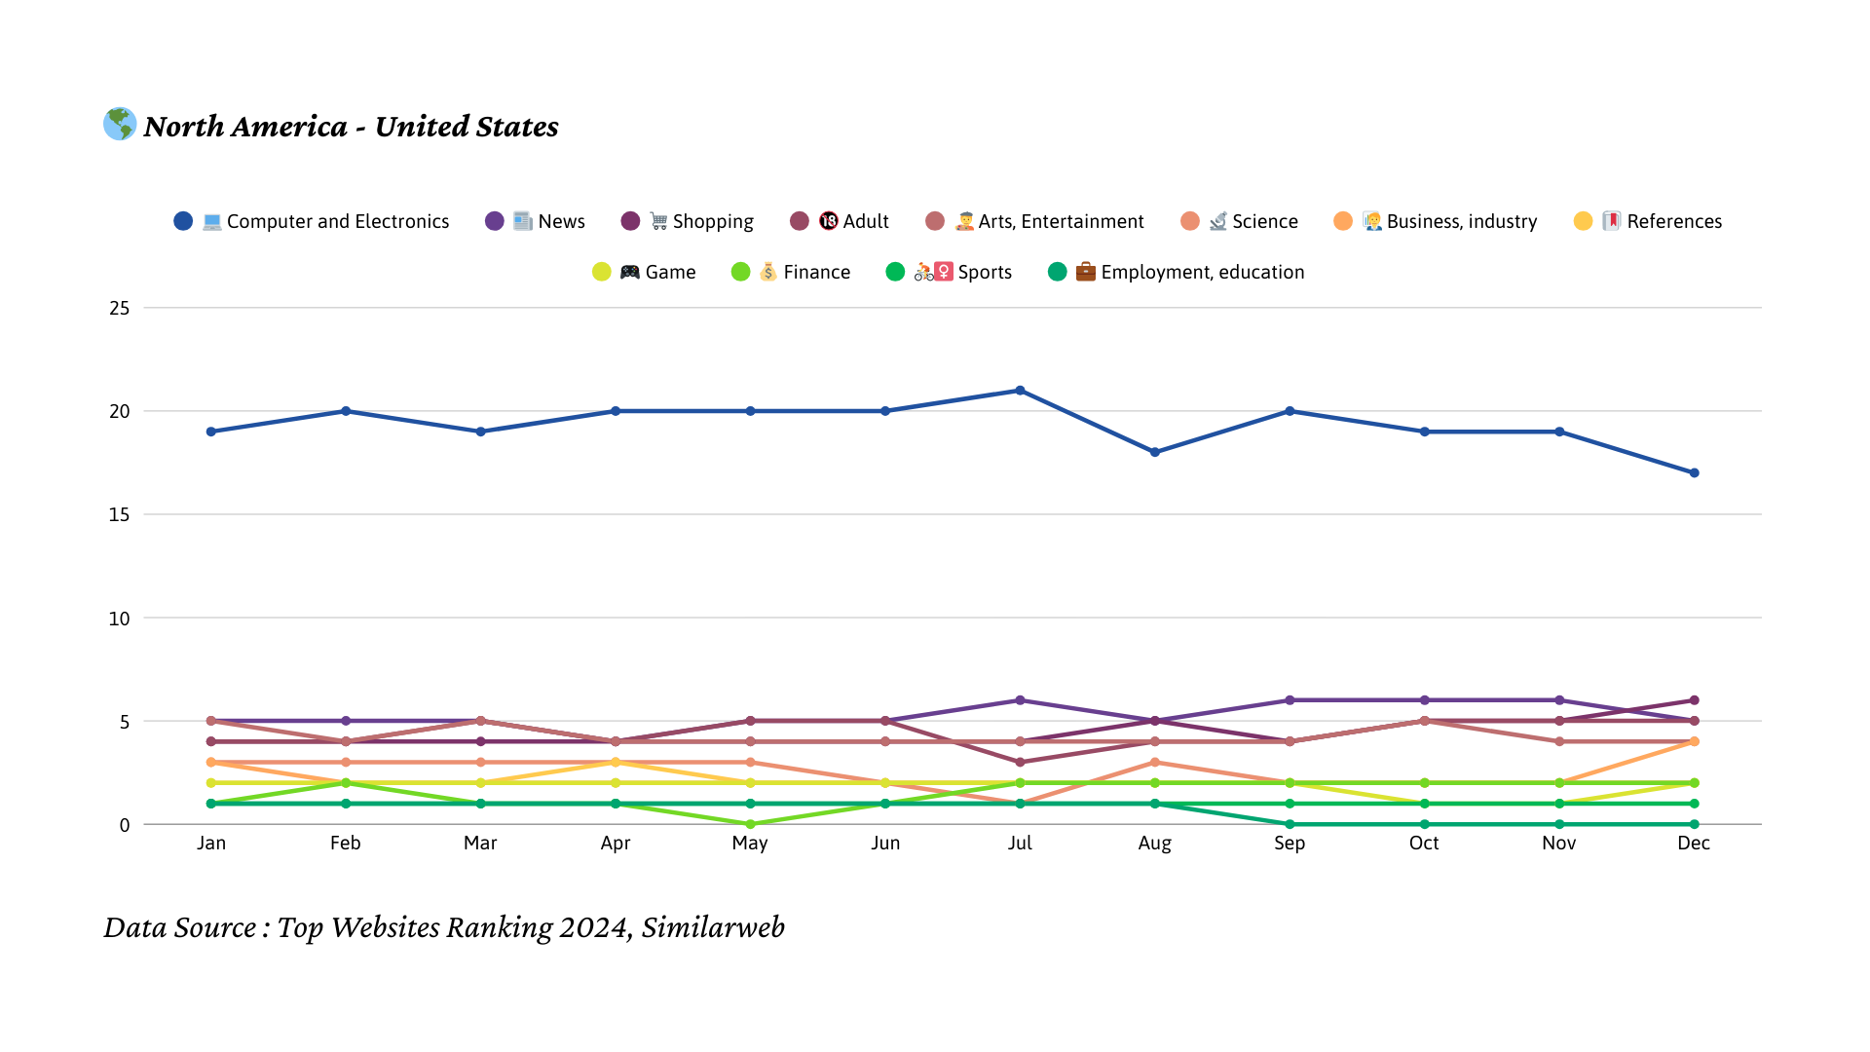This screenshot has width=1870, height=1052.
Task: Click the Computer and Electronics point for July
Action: click(1020, 391)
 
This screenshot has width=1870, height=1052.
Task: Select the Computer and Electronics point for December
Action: click(1694, 473)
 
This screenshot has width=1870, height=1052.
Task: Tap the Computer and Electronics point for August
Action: click(1154, 452)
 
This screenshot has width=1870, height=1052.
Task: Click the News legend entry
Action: click(535, 221)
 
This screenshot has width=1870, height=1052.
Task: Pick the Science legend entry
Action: click(1239, 221)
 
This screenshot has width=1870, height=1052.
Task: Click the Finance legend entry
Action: click(791, 272)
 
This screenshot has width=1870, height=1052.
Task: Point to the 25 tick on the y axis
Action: click(119, 308)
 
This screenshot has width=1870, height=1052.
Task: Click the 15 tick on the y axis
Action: click(119, 514)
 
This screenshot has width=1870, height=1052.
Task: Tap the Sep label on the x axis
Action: click(1290, 844)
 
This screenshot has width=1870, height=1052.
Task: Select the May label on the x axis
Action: click(750, 844)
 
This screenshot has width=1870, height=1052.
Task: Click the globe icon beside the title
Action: click(120, 124)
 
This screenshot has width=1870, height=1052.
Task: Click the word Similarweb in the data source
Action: click(713, 927)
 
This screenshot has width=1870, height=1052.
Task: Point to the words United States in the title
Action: click(467, 127)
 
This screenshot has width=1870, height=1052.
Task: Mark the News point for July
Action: click(1020, 700)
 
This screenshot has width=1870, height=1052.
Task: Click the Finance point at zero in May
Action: click(750, 824)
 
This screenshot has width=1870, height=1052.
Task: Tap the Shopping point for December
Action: click(1694, 700)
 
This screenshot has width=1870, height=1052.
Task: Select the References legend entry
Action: click(1648, 221)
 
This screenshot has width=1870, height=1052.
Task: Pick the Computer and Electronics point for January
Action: click(211, 432)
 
